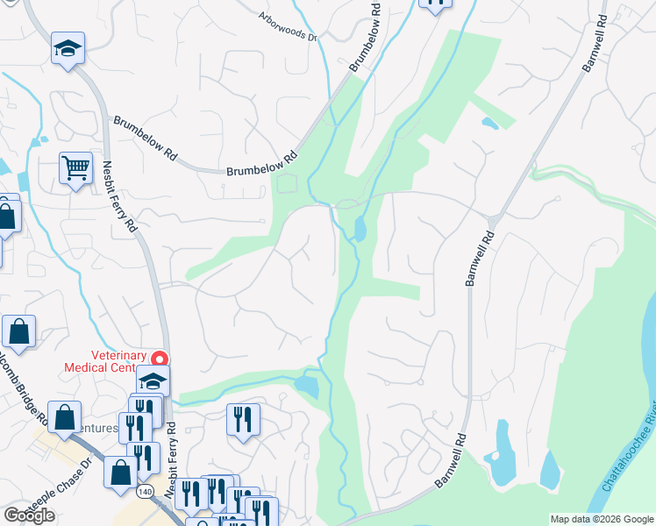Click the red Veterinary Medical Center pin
pos(160,359)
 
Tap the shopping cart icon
pos(76,167)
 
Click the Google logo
pos(29,515)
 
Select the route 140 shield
pos(143,493)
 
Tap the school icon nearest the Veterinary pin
pos(153,381)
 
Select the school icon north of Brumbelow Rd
pos(68,49)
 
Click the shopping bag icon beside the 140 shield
pos(120,472)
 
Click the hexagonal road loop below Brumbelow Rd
pos(288,183)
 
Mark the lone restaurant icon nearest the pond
pos(243,418)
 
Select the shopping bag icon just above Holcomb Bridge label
pos(18,331)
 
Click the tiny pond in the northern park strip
pos(489,124)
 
